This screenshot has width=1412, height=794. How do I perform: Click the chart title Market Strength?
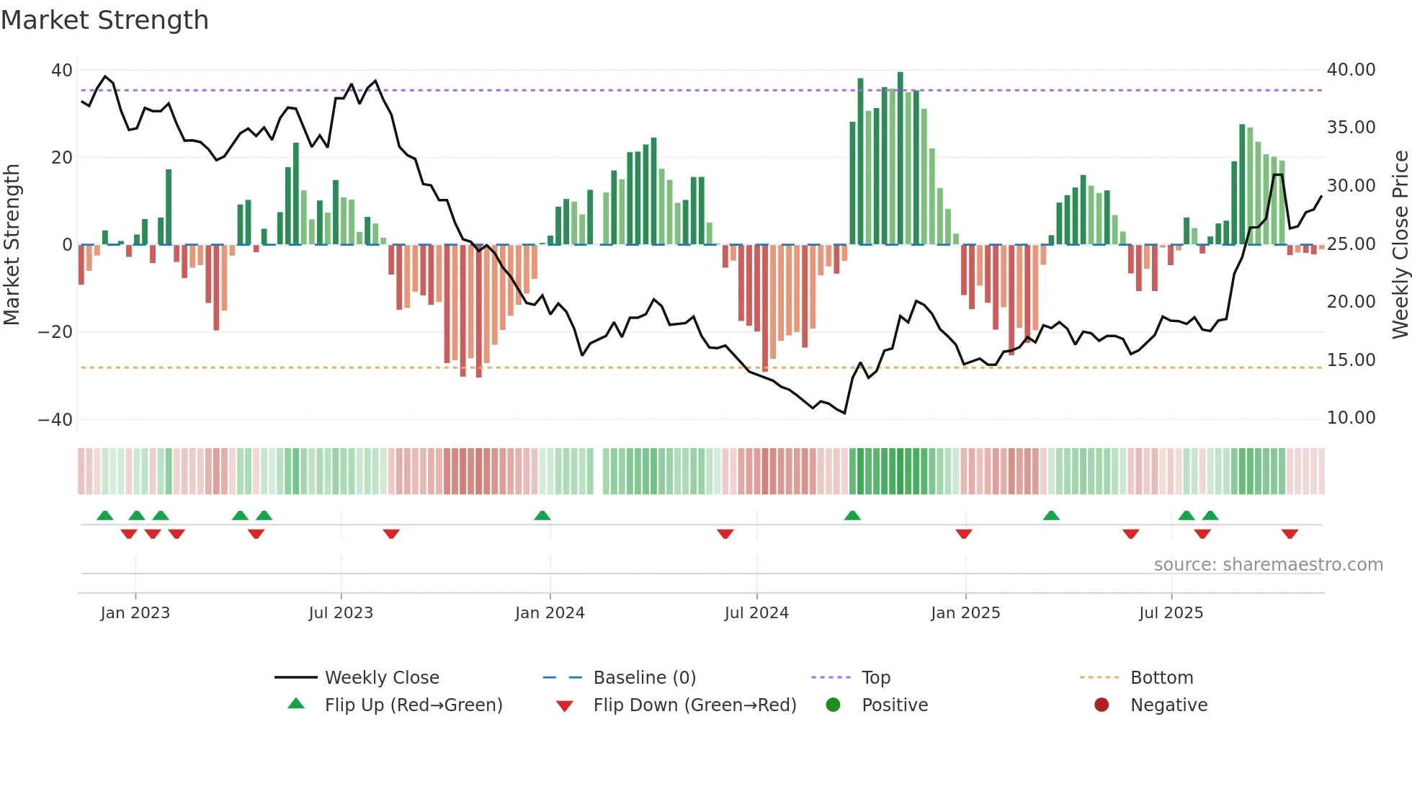pyautogui.click(x=104, y=20)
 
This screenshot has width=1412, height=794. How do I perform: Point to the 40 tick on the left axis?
pyautogui.click(x=62, y=71)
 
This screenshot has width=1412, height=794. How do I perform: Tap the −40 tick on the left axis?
pyautogui.click(x=55, y=419)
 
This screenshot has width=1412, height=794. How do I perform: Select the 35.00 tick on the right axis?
pyautogui.click(x=1351, y=128)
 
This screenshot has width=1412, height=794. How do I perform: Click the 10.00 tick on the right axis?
pyautogui.click(x=1351, y=418)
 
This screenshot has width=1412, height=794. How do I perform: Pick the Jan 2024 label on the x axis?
pyautogui.click(x=550, y=613)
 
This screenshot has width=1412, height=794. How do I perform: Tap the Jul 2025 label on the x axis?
pyautogui.click(x=1171, y=613)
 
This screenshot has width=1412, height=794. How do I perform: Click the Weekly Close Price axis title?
pyautogui.click(x=1400, y=245)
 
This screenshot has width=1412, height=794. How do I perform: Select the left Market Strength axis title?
pyautogui.click(x=12, y=245)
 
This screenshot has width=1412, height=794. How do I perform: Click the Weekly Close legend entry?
pyautogui.click(x=382, y=678)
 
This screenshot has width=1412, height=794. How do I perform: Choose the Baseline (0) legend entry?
pyautogui.click(x=644, y=678)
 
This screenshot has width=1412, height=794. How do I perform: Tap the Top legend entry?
pyautogui.click(x=876, y=678)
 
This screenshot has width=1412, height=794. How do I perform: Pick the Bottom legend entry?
pyautogui.click(x=1161, y=678)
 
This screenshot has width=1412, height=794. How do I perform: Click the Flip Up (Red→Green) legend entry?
pyautogui.click(x=414, y=705)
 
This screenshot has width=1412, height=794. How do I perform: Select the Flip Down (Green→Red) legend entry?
pyautogui.click(x=694, y=705)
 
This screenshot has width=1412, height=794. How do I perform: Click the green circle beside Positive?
pyautogui.click(x=834, y=705)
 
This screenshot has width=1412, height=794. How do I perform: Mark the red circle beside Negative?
pyautogui.click(x=1102, y=705)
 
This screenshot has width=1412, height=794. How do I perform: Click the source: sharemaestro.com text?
pyautogui.click(x=1268, y=565)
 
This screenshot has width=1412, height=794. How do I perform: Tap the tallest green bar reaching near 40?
pyautogui.click(x=900, y=159)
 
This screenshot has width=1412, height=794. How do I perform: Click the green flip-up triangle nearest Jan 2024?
pyautogui.click(x=542, y=515)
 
